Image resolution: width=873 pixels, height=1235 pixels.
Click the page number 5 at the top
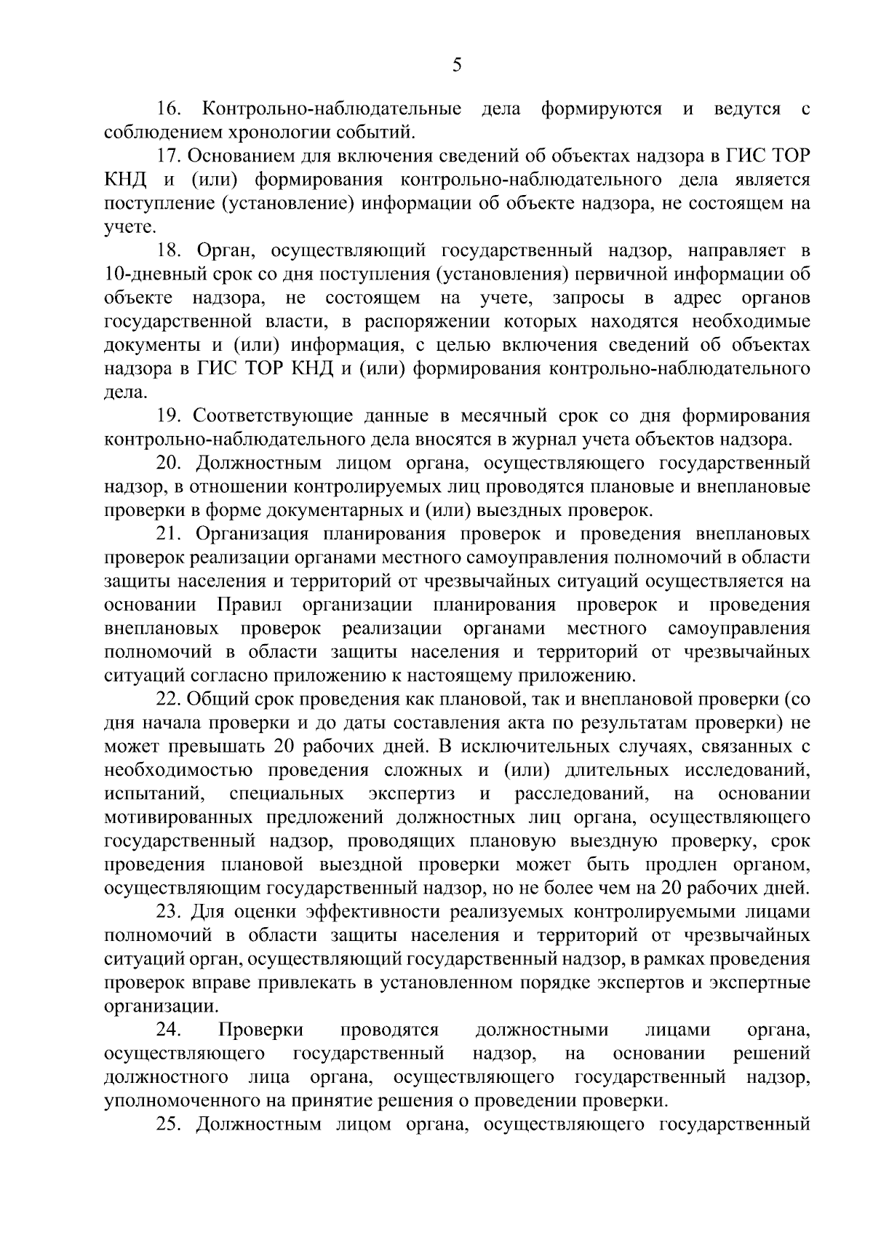coord(456,66)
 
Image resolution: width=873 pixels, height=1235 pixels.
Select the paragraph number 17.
coord(170,156)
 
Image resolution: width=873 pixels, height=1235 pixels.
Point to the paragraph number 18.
coord(170,250)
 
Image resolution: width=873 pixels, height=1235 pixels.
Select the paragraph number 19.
coord(170,416)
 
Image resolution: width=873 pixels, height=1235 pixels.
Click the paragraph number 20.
coord(172,463)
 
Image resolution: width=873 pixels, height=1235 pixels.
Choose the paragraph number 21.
coord(170,533)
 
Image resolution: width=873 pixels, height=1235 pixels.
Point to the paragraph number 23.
coord(170,912)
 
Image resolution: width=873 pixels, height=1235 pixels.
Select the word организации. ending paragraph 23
coord(162,1006)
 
